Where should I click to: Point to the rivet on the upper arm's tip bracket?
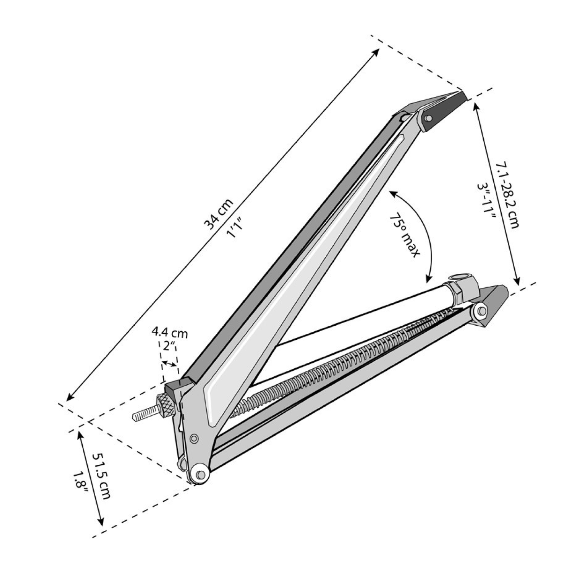[429, 118]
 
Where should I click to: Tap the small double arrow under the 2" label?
[169, 364]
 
